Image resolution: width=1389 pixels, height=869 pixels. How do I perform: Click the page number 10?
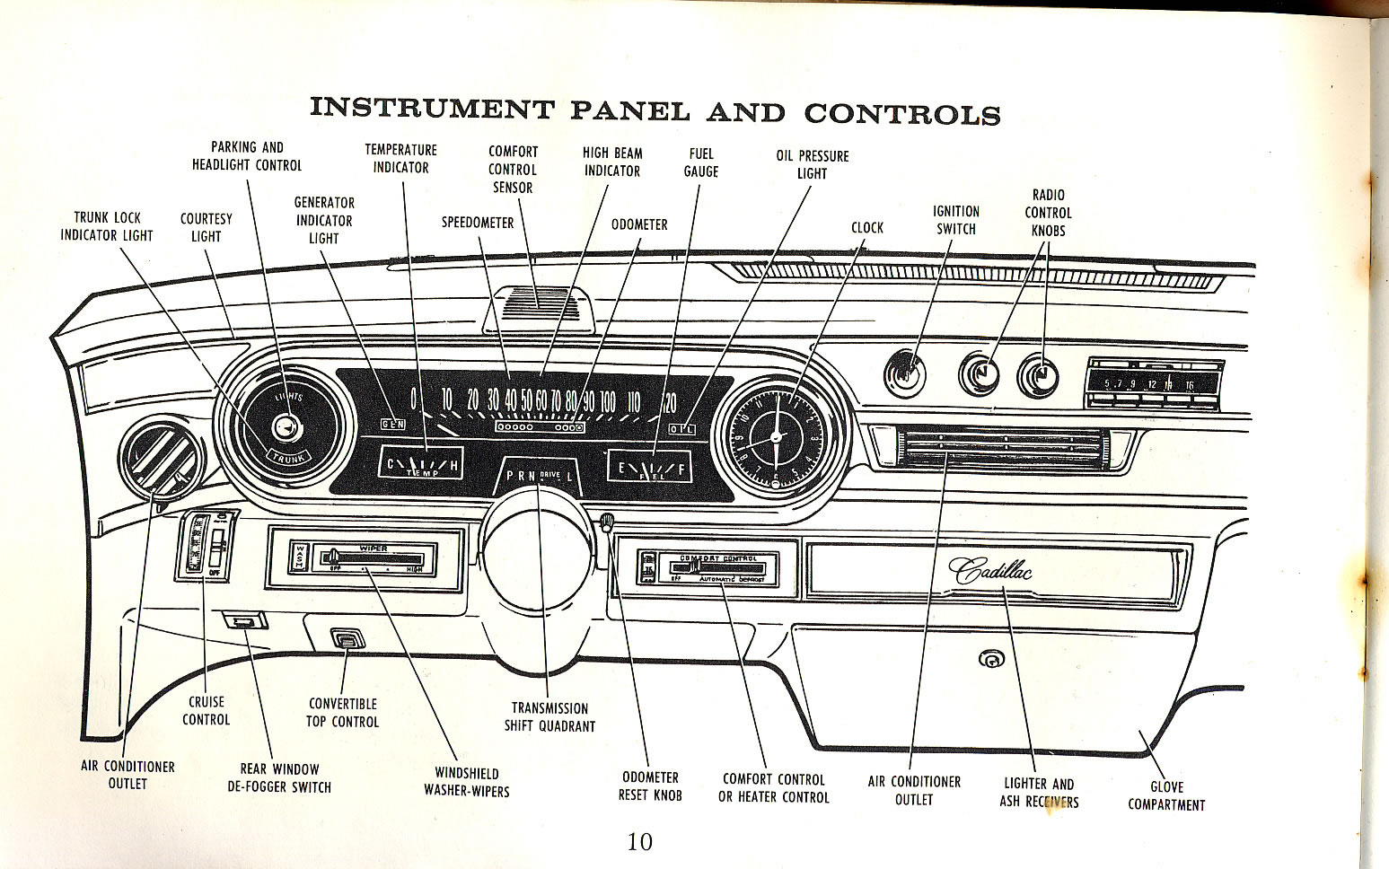pos(640,842)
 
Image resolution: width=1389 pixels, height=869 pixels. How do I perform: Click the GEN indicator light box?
pos(393,424)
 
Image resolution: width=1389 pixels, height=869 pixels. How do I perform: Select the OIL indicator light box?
pos(682,428)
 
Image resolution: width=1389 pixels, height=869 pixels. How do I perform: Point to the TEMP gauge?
pos(421,463)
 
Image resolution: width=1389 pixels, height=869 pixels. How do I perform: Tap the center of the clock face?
pos(775,439)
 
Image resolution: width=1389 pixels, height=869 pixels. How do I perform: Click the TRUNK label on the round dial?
pos(289,456)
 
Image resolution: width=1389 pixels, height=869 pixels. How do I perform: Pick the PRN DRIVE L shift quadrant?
pos(538,476)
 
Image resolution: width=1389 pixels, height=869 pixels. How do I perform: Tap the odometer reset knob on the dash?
pos(608,521)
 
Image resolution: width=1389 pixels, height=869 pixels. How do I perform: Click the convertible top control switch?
pos(346,639)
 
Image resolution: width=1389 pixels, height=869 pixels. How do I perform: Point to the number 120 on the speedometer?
pos(669,401)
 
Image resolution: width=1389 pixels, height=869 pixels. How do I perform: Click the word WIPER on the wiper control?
pos(373,547)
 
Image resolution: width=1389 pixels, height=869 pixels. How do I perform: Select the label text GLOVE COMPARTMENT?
pos(1165,796)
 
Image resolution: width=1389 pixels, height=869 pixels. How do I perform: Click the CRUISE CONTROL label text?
pos(207,711)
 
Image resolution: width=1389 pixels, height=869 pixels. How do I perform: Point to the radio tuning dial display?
pos(1154,384)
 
